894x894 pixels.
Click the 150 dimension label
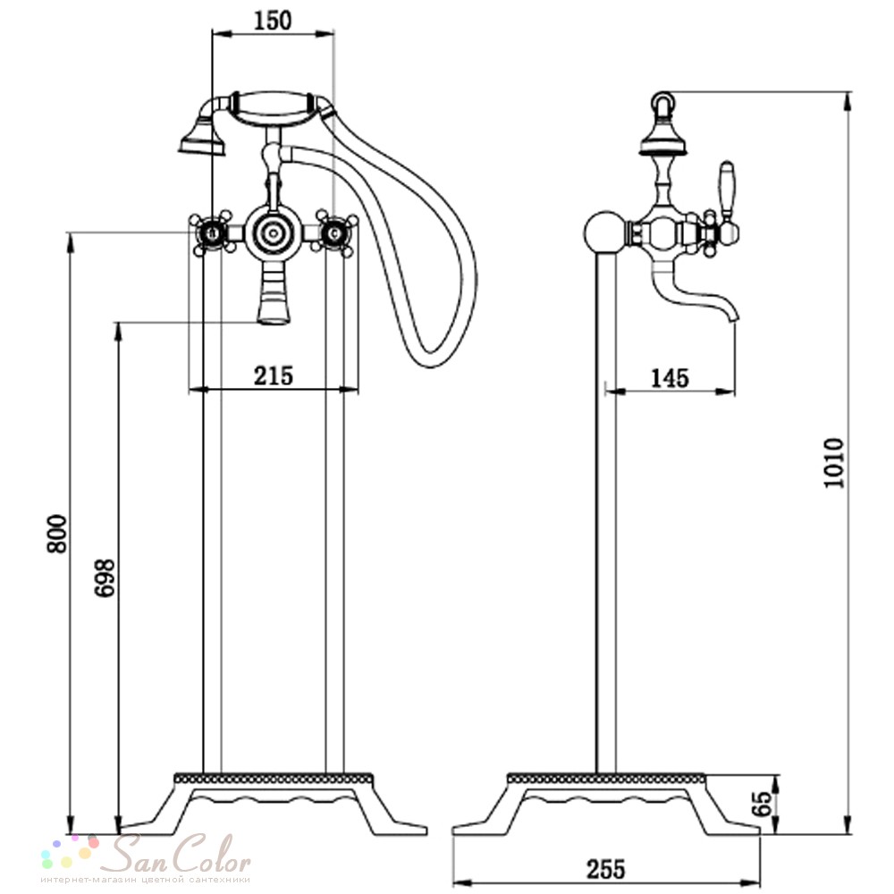click(x=272, y=21)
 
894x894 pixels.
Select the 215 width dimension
click(x=274, y=376)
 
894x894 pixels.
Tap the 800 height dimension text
click(x=57, y=534)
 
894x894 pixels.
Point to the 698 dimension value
click(x=105, y=578)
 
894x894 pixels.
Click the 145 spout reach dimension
click(x=670, y=378)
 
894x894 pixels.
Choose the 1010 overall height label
click(x=833, y=463)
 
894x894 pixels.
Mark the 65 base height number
click(x=764, y=804)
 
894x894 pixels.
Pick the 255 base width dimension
click(x=605, y=870)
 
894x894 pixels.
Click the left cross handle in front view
click(x=212, y=233)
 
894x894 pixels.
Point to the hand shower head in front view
click(x=200, y=137)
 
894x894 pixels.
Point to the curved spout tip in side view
click(x=731, y=315)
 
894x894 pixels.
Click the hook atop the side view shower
click(x=661, y=105)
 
